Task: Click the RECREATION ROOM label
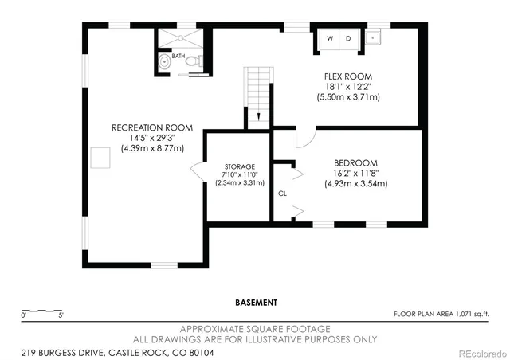pyautogui.click(x=152, y=127)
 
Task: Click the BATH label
pyautogui.click(x=177, y=57)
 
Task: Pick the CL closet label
pyautogui.click(x=282, y=194)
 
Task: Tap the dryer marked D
pyautogui.click(x=348, y=38)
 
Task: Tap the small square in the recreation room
pyautogui.click(x=101, y=158)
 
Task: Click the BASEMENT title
pyautogui.click(x=256, y=303)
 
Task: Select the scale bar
pyautogui.click(x=43, y=311)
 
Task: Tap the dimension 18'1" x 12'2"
pyautogui.click(x=347, y=86)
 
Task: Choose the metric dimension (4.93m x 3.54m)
pyautogui.click(x=355, y=184)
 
